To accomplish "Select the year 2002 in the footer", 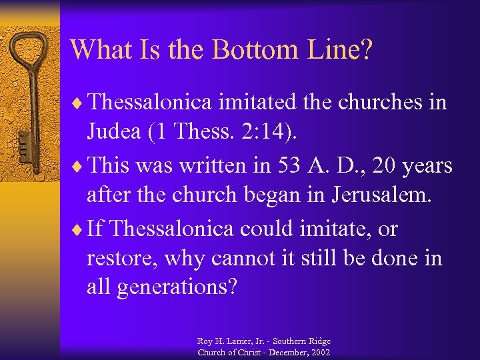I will click(319, 352).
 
